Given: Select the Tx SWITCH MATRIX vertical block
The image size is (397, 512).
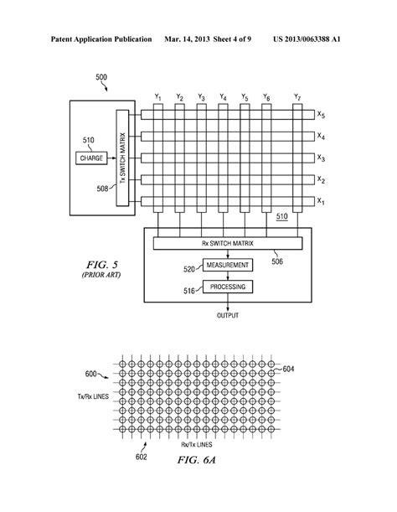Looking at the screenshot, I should pos(121,158).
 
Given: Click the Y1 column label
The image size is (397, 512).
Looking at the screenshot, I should pos(157,97).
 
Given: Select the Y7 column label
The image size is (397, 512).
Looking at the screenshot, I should pos(297,97).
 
